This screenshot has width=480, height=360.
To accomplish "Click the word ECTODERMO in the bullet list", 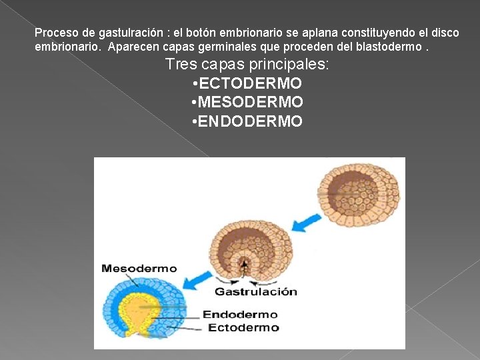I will click(251, 83).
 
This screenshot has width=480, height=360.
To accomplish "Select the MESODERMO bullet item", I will click(251, 102).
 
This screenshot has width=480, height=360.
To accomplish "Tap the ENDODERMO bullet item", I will click(251, 121).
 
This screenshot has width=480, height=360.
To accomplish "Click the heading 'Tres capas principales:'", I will click(247, 65).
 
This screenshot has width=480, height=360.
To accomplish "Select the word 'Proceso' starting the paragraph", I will click(54, 33).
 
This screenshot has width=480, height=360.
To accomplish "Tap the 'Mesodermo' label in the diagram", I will click(139, 269).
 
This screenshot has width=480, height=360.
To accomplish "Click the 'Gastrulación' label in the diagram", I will click(255, 291).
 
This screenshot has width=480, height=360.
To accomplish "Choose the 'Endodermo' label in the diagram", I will click(240, 315).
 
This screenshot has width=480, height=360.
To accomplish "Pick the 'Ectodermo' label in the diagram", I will click(243, 327).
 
